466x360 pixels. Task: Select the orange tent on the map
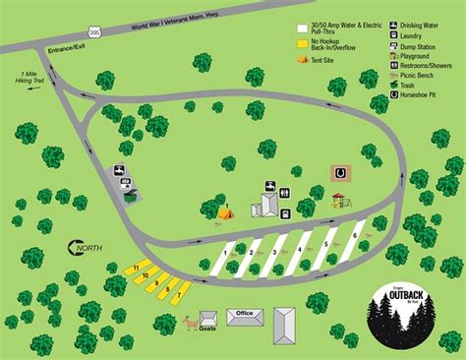pyautogui.click(x=225, y=210)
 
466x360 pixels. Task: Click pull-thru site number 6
pyautogui.click(x=354, y=235)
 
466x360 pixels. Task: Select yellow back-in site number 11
pyautogui.click(x=136, y=268)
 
